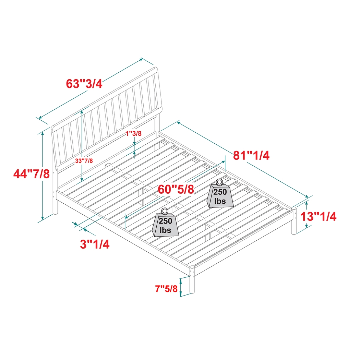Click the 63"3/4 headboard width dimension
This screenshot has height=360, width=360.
point(84,83)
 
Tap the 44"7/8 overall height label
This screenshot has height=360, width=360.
point(32,174)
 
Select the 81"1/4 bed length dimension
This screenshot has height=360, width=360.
point(251,155)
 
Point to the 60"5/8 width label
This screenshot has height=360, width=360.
point(176,189)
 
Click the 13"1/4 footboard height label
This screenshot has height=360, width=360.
point(319,216)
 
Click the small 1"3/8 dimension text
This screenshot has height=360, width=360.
point(133,134)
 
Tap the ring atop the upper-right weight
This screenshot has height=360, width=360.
point(219,182)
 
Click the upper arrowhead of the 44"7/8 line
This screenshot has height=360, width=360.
point(43,133)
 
